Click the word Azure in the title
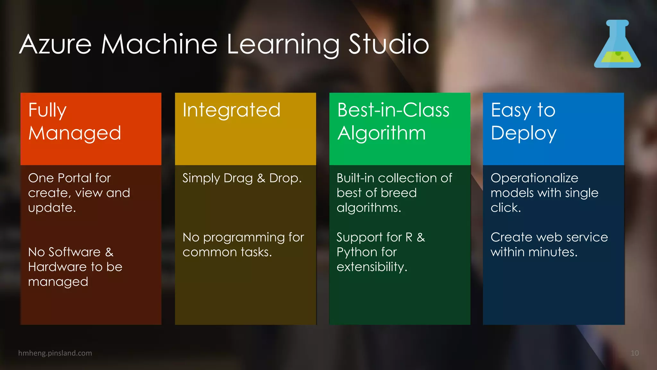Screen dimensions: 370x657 [55, 44]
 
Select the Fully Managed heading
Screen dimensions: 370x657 [74, 122]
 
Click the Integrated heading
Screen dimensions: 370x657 [231, 110]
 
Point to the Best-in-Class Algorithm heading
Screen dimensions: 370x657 [393, 122]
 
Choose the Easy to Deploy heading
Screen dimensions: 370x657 [524, 122]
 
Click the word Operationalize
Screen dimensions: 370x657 [534, 178]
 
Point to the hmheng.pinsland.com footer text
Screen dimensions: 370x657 [55, 353]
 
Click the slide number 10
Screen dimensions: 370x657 [634, 353]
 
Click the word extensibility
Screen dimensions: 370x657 [371, 267]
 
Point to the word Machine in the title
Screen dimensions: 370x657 [159, 44]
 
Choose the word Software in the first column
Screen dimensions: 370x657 [74, 252]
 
